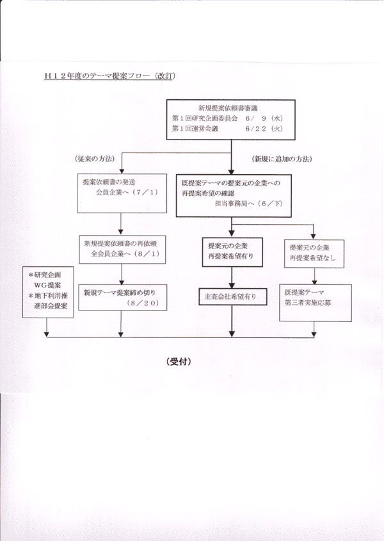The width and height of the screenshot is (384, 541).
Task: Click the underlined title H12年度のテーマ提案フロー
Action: (97, 76)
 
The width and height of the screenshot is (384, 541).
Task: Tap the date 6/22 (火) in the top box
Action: (264, 129)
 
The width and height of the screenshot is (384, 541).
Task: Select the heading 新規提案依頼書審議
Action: (228, 108)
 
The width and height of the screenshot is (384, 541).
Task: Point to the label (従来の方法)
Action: (95, 159)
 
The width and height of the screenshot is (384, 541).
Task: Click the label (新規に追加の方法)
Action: (282, 159)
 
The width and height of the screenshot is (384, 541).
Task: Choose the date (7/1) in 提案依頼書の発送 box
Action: (145, 192)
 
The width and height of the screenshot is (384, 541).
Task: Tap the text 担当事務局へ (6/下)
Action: (249, 204)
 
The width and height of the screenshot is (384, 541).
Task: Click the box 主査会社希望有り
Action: (233, 296)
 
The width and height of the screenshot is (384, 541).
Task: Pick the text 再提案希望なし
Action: (312, 258)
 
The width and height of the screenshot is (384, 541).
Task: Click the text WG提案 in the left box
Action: (47, 286)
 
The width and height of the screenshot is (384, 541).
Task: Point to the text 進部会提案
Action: (51, 306)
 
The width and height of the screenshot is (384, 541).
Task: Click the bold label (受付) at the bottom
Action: (179, 362)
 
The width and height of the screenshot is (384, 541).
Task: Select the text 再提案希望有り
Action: (230, 256)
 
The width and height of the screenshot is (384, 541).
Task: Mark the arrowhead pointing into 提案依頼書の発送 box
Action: (121, 172)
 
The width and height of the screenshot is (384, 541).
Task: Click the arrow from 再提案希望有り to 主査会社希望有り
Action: (232, 277)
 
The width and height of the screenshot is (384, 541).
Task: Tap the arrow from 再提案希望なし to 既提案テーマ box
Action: (314, 276)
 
